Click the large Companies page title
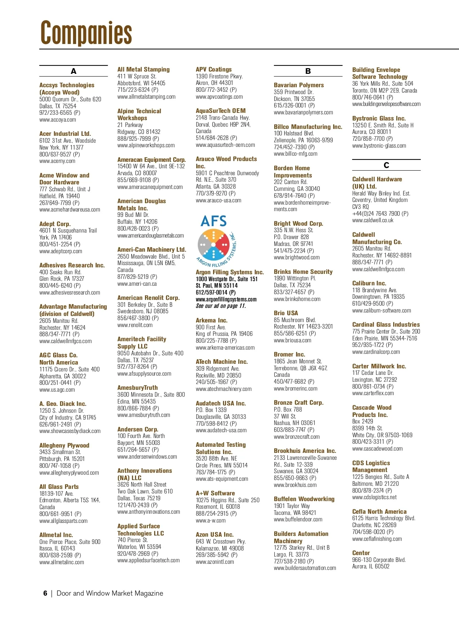click(86, 33)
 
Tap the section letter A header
click(73, 71)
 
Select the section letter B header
click(308, 71)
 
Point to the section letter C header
click(386, 165)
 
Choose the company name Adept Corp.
click(55, 224)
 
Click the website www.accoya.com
click(58, 120)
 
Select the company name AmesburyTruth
click(137, 387)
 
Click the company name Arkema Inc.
click(212, 320)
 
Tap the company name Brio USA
click(286, 313)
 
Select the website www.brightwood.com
click(297, 257)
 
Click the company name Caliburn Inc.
click(369, 283)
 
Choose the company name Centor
click(361, 553)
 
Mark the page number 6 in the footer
click(45, 593)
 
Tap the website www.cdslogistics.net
click(374, 497)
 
